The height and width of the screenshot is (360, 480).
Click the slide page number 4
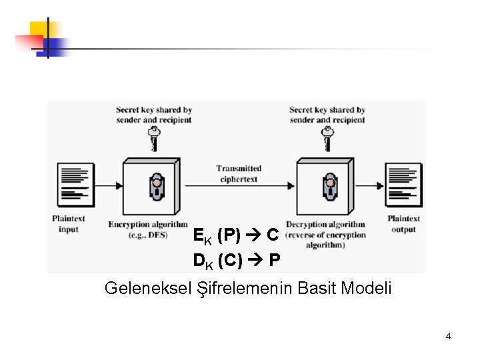click(448, 336)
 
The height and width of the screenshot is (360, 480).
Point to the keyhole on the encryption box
click(156, 187)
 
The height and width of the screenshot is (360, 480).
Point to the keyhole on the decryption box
click(329, 187)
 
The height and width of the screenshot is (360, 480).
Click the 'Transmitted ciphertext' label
click(239, 173)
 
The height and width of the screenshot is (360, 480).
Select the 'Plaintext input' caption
click(69, 224)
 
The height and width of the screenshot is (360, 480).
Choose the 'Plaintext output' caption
click(403, 224)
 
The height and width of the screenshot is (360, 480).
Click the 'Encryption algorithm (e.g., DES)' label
click(147, 230)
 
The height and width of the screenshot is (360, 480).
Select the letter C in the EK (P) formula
click(273, 235)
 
